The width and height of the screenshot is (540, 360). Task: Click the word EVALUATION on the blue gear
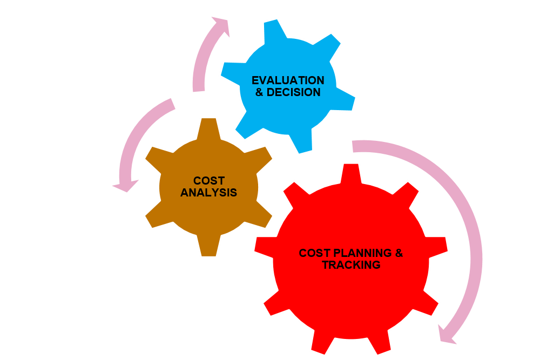(288, 80)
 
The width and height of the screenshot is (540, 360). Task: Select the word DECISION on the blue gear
(293, 92)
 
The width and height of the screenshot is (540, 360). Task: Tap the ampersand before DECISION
(259, 92)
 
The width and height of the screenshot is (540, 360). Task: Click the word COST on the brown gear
(209, 181)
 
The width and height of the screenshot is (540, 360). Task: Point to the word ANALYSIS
(208, 192)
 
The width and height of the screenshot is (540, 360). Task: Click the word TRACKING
(352, 264)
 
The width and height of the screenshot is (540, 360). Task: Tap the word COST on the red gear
(315, 253)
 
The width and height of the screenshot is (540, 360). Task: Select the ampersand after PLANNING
(399, 253)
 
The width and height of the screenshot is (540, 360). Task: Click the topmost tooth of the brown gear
(208, 128)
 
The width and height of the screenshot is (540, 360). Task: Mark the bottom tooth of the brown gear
(208, 246)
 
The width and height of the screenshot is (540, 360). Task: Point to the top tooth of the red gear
(351, 174)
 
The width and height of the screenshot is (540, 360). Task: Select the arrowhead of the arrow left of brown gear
(126, 185)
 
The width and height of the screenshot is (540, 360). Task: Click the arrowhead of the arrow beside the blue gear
(221, 25)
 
